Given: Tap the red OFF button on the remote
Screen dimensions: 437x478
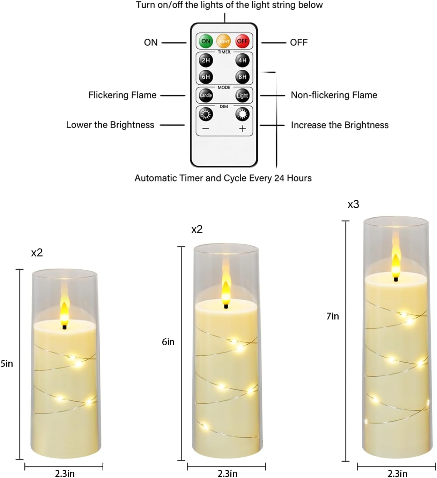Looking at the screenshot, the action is coord(242,41).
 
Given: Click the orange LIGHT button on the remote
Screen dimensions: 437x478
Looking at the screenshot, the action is coord(224,41).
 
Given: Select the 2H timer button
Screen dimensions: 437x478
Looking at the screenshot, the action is coord(206,60).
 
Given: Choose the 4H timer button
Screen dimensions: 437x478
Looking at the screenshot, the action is coord(242,60).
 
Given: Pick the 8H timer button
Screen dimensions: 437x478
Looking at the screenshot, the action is coord(242,77).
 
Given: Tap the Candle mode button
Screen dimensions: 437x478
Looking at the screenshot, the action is coord(206,95).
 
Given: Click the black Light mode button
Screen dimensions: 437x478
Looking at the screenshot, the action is coord(242,95).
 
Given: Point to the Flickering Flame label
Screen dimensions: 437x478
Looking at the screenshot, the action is coord(122,95).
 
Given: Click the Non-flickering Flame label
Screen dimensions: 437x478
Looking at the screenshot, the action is coord(334,95).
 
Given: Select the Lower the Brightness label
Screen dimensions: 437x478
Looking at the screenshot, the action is coord(110,125).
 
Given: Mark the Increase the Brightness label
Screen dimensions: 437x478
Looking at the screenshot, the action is coord(340,125).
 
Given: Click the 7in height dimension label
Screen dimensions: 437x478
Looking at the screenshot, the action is coord(332,316).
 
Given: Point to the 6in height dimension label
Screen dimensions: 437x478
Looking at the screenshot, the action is coord(168,342).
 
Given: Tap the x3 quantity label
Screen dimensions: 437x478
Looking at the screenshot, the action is coord(353,205).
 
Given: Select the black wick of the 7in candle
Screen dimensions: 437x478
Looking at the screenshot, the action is coord(396,279).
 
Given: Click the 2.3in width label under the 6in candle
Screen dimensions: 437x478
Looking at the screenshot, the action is coord(227,473).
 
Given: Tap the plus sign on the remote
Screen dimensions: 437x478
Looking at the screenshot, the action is coord(242,129).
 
